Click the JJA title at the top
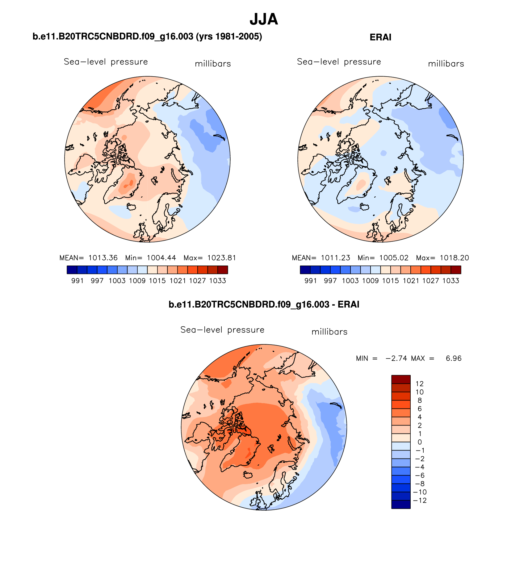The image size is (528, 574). [264, 19]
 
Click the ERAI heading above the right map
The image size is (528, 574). [380, 37]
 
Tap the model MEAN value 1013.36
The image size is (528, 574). [103, 258]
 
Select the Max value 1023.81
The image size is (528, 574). [221, 258]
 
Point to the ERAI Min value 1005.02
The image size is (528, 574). [394, 258]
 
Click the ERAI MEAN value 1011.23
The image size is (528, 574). [335, 258]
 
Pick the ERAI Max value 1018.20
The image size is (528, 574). [454, 258]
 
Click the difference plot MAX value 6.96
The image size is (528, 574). [453, 358]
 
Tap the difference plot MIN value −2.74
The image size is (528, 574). [396, 358]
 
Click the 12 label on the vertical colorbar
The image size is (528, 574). [420, 384]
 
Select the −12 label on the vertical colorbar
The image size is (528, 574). [420, 501]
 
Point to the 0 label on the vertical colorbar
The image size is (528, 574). [420, 442]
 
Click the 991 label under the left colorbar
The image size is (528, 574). [77, 281]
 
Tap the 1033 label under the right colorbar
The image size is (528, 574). [450, 281]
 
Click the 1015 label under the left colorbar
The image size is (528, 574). [157, 281]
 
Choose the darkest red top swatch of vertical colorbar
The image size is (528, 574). [401, 379]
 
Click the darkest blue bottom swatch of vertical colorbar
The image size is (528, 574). [401, 505]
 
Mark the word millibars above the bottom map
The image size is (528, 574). [329, 332]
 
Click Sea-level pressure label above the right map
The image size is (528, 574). [339, 62]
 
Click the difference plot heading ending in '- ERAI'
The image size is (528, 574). [264, 305]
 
